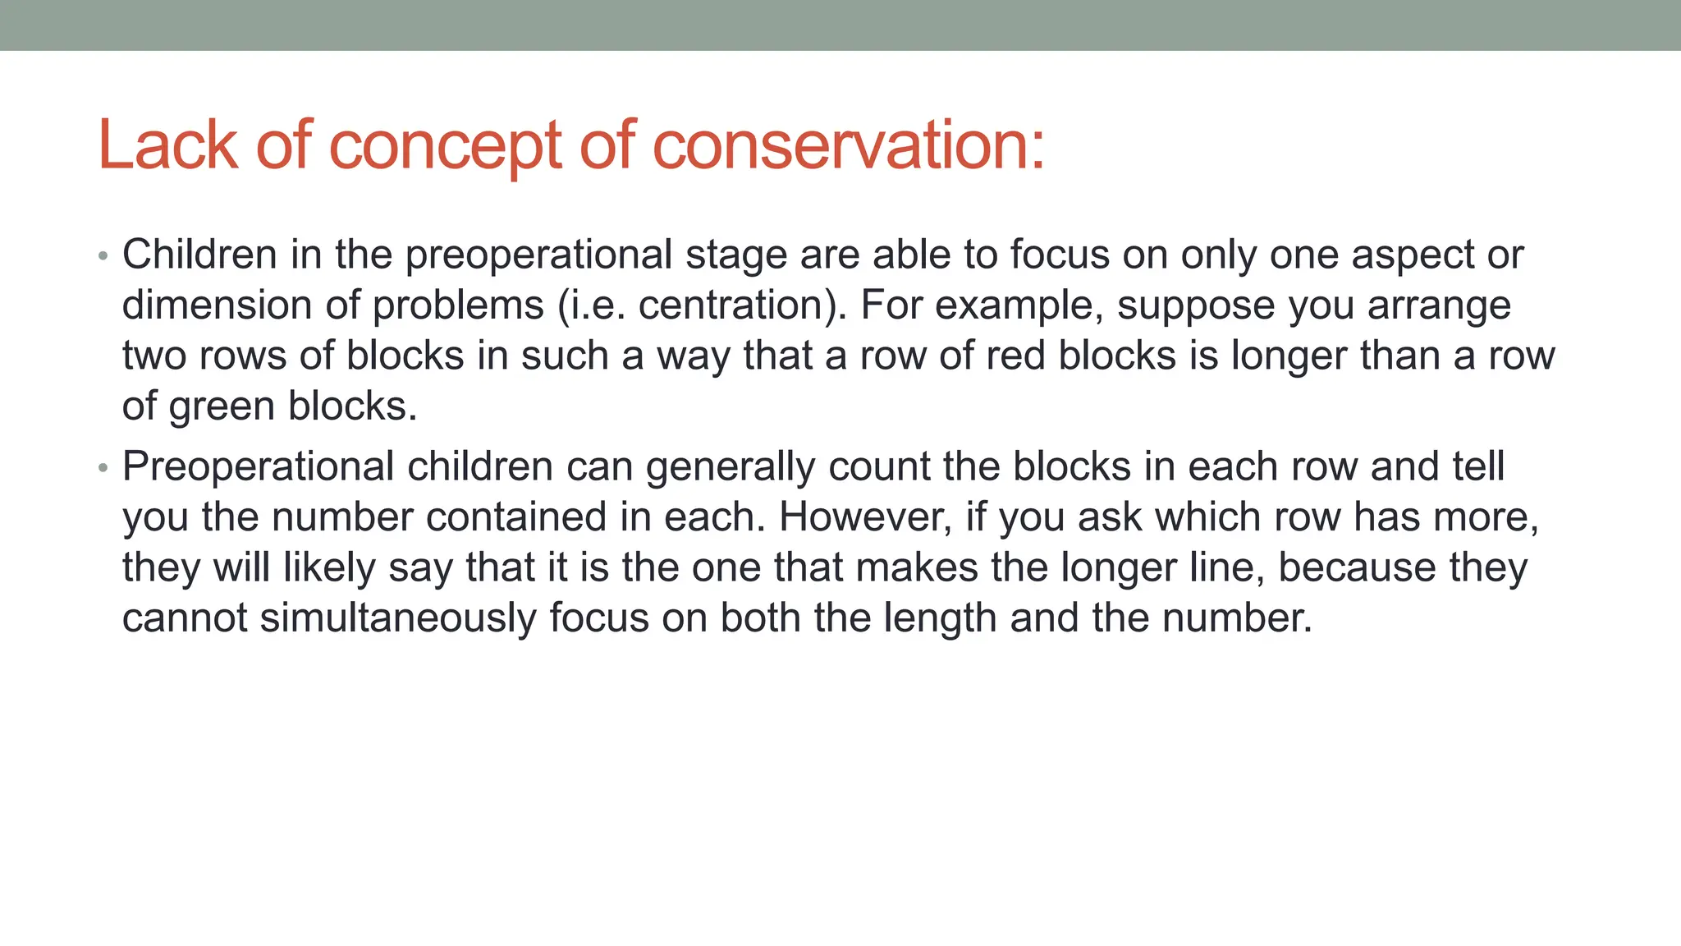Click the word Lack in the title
[167, 145]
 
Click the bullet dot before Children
[103, 256]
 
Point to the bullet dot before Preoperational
[103, 468]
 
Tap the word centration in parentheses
[736, 305]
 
